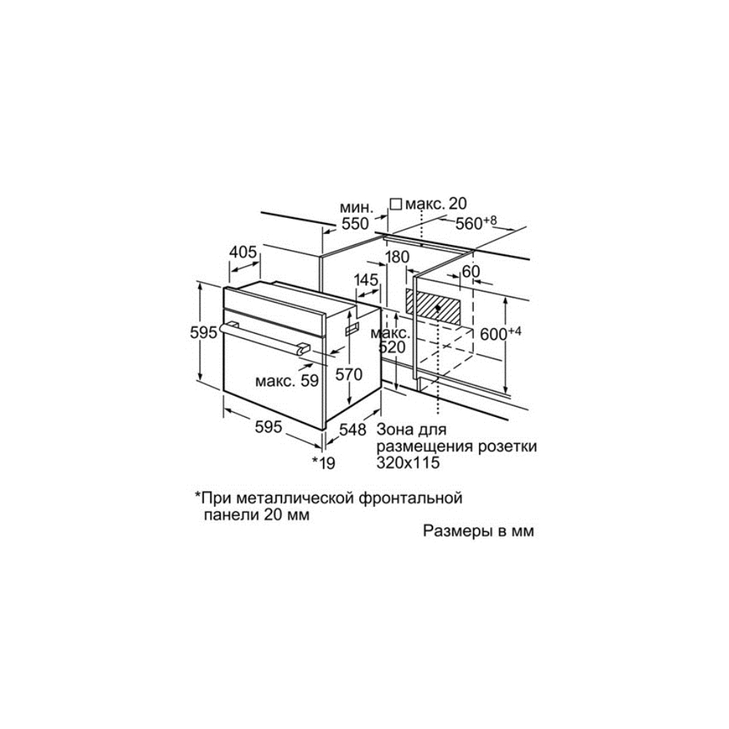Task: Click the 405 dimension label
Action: (243, 253)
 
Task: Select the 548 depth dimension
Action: (352, 430)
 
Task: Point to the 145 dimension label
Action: (367, 281)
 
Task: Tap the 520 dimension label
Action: (391, 348)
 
